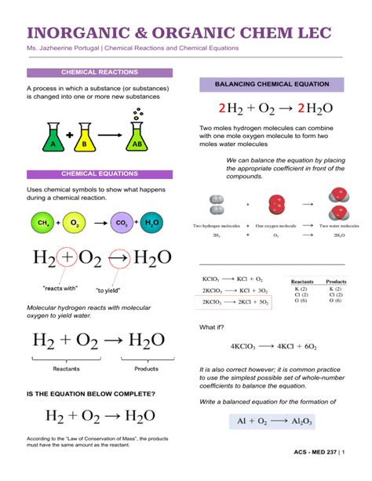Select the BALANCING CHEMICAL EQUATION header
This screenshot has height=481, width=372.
pyautogui.click(x=272, y=83)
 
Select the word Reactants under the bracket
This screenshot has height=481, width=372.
pyautogui.click(x=66, y=368)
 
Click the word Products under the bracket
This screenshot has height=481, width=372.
pyautogui.click(x=146, y=368)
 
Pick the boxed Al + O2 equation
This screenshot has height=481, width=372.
pyautogui.click(x=274, y=421)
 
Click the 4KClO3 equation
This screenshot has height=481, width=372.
pyautogui.click(x=273, y=345)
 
